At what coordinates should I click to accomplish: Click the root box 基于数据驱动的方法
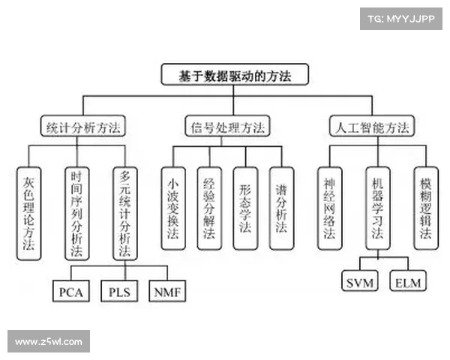tap(235, 75)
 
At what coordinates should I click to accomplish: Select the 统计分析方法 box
tap(83, 126)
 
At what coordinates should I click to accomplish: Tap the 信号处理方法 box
tap(227, 126)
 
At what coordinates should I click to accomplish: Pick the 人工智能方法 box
tap(372, 126)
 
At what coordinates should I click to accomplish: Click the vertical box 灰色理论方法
tap(28, 214)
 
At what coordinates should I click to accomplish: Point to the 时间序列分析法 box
tap(77, 214)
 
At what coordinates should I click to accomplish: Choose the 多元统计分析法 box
tap(125, 214)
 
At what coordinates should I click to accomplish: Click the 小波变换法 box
tap(173, 208)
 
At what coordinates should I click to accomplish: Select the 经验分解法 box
tap(209, 208)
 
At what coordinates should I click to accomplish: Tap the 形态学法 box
tap(246, 208)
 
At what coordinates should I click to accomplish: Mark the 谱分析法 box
tap(281, 208)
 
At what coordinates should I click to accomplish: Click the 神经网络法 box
tap(330, 208)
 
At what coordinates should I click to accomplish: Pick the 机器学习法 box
tap(378, 208)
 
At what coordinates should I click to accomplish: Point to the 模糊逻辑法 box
tap(426, 208)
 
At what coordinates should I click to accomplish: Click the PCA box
tap(71, 291)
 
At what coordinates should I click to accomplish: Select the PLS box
tap(119, 291)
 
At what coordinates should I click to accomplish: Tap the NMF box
tap(167, 291)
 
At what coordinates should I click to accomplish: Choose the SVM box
tap(360, 280)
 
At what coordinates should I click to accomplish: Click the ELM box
tap(408, 280)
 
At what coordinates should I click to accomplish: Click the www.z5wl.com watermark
tap(49, 341)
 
